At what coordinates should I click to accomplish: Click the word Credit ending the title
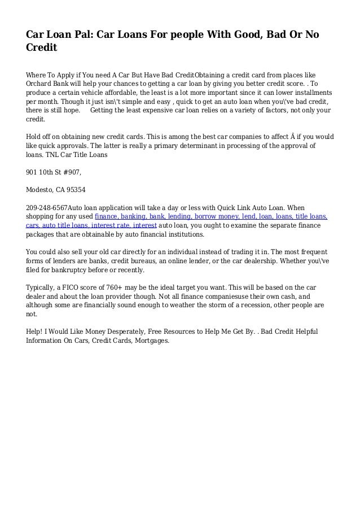pos(42,49)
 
